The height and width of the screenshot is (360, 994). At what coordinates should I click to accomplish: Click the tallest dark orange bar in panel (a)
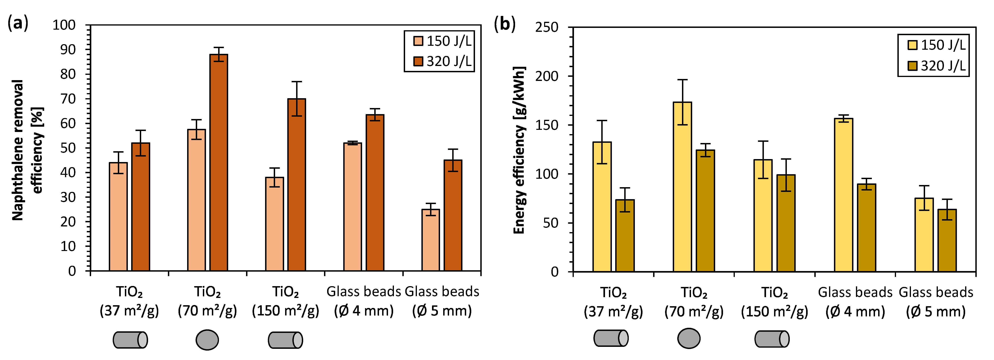(x=218, y=162)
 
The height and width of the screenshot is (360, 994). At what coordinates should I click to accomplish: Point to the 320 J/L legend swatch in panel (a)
(x=418, y=61)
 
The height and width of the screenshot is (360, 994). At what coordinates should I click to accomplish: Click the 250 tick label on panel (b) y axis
(x=546, y=27)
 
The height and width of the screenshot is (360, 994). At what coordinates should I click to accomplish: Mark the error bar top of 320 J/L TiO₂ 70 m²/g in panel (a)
(x=218, y=48)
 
